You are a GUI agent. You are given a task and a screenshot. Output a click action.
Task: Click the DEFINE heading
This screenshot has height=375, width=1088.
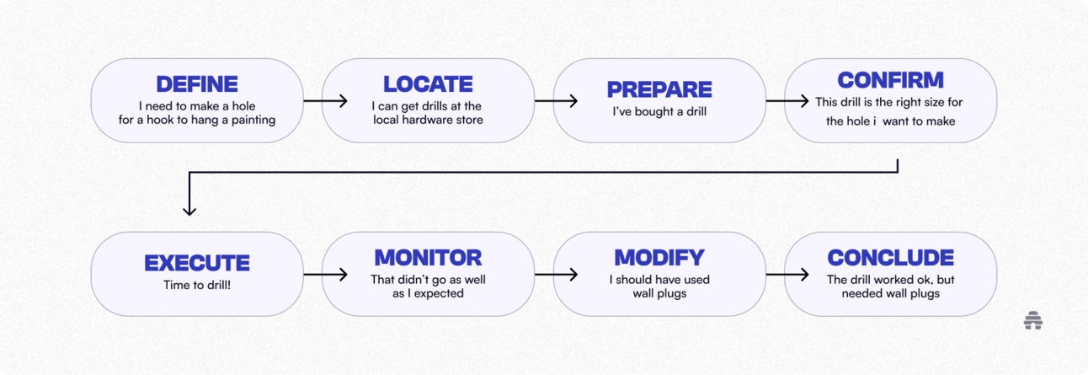(197, 84)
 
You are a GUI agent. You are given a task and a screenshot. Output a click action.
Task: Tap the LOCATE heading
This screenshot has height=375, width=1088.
(428, 84)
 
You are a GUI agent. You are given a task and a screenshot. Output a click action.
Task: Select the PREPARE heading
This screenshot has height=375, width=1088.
(659, 89)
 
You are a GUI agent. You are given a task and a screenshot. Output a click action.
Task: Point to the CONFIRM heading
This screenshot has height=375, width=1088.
(890, 81)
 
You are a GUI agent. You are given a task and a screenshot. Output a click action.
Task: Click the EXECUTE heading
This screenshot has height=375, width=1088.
(197, 263)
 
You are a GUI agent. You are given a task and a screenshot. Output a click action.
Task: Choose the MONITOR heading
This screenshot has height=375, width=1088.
(428, 258)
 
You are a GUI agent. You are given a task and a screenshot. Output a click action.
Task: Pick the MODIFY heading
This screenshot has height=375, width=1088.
(659, 258)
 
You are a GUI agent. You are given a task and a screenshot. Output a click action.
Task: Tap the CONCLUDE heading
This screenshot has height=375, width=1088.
(890, 258)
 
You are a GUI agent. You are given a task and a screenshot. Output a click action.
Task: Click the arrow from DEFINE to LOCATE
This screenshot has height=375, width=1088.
(325, 101)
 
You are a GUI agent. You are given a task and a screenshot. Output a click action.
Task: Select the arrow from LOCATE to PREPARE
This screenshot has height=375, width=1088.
(556, 101)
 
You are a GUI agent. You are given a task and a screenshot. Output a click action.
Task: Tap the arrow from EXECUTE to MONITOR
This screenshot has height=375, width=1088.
(325, 275)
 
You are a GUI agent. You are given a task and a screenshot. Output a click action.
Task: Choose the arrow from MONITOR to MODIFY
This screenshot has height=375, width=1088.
(556, 275)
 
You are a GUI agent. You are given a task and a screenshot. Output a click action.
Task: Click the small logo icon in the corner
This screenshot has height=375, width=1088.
(1033, 320)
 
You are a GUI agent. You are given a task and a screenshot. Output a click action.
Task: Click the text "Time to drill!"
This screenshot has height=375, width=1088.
(197, 286)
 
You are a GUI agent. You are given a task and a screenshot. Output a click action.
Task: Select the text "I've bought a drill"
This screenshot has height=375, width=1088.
(659, 112)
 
